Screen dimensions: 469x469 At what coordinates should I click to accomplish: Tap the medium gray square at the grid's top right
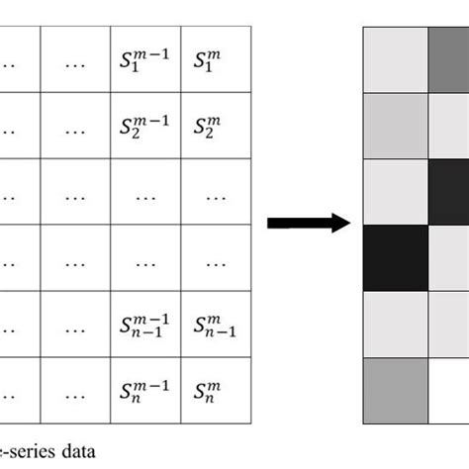[449, 59]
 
